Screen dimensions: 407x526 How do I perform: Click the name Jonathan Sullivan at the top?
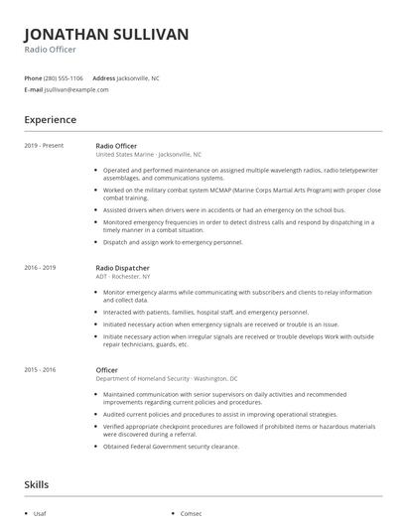click(106, 35)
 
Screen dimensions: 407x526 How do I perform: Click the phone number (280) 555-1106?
click(64, 77)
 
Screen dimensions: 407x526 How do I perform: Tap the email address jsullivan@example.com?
click(76, 89)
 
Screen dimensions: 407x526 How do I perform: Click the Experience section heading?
click(51, 120)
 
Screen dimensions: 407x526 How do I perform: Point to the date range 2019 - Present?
click(44, 145)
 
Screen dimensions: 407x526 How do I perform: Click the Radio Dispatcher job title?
click(122, 268)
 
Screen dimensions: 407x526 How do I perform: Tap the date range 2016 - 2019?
click(41, 268)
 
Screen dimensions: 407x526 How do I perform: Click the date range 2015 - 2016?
click(41, 369)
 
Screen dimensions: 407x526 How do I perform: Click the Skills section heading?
click(38, 486)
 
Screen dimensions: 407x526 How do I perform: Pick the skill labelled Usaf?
click(40, 513)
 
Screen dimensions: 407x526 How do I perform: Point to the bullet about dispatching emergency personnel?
click(173, 242)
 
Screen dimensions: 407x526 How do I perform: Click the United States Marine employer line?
click(148, 155)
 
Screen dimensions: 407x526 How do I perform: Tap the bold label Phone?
click(33, 77)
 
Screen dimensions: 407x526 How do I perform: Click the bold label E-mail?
click(34, 89)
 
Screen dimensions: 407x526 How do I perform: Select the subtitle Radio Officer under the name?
click(50, 50)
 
